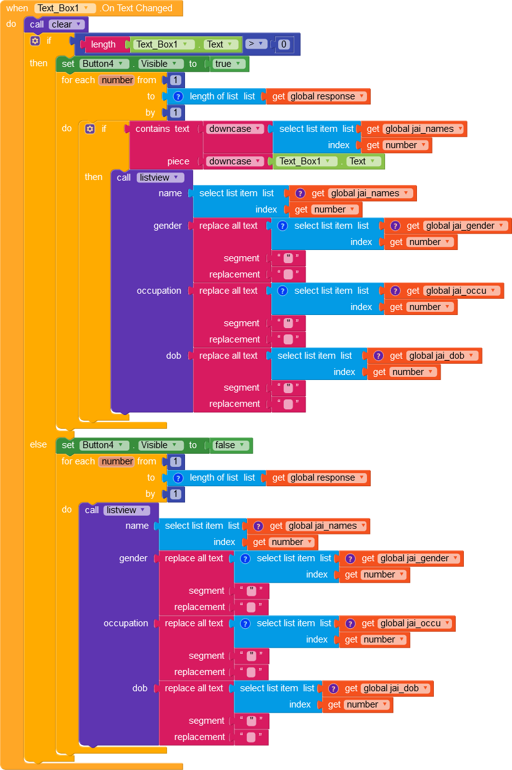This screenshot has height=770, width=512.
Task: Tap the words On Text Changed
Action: [137, 8]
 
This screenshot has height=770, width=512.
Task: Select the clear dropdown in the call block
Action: [67, 24]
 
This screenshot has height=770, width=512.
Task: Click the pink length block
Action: [103, 44]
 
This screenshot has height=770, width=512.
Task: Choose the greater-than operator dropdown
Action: [256, 44]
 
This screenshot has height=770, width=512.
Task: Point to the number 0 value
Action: [284, 44]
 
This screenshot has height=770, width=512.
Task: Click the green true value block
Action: [227, 64]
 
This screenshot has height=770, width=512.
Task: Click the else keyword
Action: [38, 444]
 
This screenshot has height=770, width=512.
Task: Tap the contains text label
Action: [163, 129]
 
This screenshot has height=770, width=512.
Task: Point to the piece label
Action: [178, 161]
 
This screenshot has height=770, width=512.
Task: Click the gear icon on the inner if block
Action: [90, 129]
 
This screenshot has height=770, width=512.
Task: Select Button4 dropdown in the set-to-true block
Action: [104, 64]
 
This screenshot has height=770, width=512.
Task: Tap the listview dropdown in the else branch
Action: [126, 510]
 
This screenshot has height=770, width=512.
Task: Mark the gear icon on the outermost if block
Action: [35, 41]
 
